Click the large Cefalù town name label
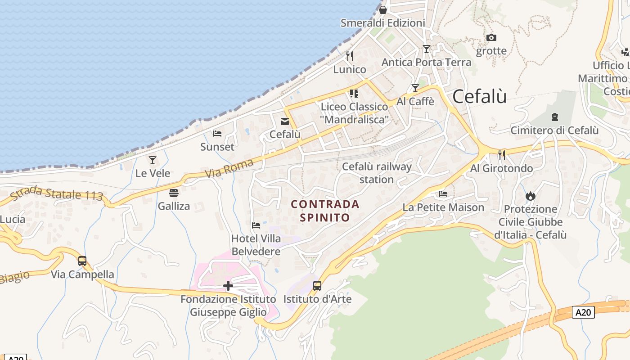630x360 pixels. click(479, 96)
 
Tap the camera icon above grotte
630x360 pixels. click(491, 37)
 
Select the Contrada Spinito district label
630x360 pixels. click(325, 211)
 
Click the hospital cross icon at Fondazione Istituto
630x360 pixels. click(228, 285)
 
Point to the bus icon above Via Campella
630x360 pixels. click(82, 261)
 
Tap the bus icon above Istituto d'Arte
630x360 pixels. click(317, 285)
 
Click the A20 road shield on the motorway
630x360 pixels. click(583, 312)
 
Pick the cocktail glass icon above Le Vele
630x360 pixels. click(153, 160)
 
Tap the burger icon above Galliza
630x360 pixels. click(174, 193)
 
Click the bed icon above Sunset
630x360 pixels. click(217, 134)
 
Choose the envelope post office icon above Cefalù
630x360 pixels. click(285, 121)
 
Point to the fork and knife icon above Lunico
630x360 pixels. click(350, 56)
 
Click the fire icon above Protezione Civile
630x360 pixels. click(530, 196)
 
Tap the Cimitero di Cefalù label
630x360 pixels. click(554, 130)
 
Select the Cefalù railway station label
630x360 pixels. click(377, 173)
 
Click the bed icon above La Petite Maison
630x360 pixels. click(443, 194)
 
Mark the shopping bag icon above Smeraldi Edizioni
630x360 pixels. click(383, 9)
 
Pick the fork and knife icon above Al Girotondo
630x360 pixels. click(502, 155)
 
